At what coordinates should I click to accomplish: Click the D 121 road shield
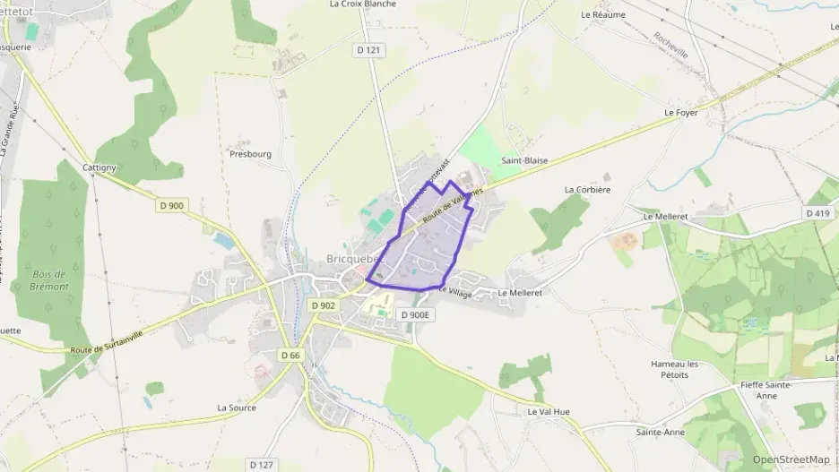[370, 50]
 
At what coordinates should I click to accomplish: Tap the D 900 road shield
[171, 205]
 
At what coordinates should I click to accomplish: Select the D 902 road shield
[324, 305]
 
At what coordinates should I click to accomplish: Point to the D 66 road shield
[290, 356]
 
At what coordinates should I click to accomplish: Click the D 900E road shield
[416, 314]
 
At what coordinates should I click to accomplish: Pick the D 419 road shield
[817, 213]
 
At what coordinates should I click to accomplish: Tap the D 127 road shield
[261, 464]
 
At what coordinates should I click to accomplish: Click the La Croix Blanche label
[363, 4]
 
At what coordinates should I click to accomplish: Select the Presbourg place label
[250, 153]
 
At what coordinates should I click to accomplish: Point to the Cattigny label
[99, 167]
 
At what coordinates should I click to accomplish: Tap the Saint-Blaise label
[524, 160]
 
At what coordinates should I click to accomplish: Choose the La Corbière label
[587, 190]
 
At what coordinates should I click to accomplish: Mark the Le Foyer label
[681, 113]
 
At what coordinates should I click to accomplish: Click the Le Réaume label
[603, 14]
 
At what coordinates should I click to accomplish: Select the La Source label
[237, 407]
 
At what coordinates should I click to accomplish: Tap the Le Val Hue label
[549, 412]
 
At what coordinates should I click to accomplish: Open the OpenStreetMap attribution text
[791, 459]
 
